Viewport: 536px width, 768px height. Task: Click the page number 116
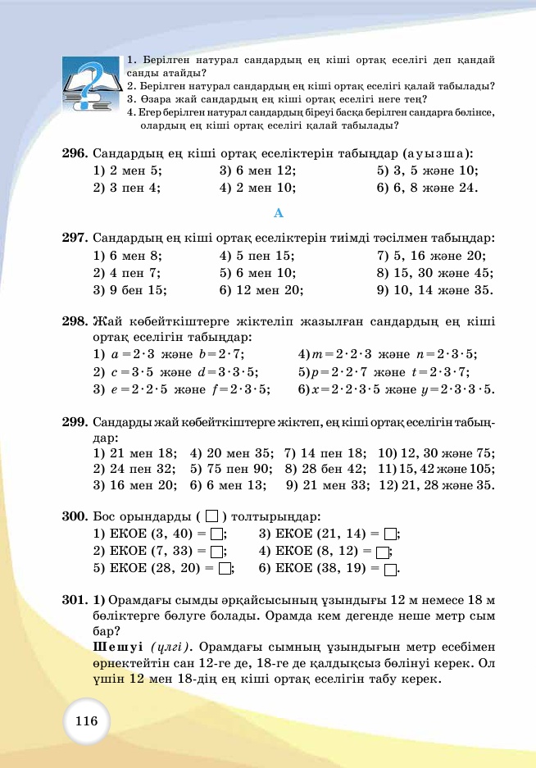point(86,722)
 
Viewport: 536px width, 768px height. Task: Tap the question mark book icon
point(92,84)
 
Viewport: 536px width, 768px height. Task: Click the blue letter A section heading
point(278,213)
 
